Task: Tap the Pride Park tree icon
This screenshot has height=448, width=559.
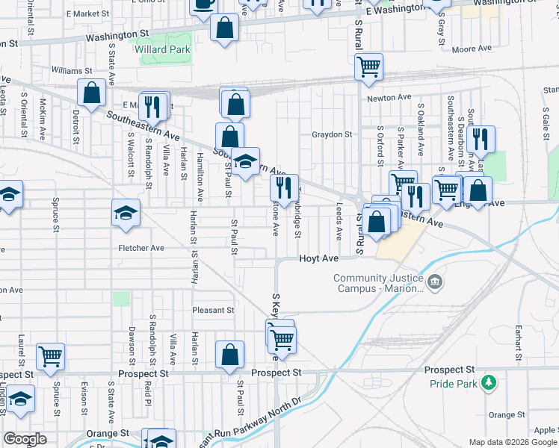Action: click(x=489, y=382)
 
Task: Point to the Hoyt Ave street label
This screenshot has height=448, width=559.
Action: click(x=320, y=258)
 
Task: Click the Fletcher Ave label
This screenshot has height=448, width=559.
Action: click(x=141, y=248)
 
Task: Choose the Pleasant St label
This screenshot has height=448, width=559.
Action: click(x=213, y=310)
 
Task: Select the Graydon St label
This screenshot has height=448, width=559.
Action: click(x=332, y=135)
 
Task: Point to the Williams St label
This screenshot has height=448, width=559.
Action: click(x=71, y=70)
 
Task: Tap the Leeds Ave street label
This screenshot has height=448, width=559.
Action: click(x=339, y=222)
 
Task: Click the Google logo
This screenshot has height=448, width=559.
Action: click(x=25, y=439)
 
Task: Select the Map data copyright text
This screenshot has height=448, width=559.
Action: click(x=513, y=442)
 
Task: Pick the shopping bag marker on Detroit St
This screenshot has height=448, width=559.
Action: click(x=92, y=93)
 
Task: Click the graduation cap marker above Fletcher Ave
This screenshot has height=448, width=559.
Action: click(x=126, y=213)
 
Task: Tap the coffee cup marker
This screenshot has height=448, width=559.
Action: click(x=203, y=4)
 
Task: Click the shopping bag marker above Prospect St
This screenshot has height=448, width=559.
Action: click(x=230, y=355)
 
